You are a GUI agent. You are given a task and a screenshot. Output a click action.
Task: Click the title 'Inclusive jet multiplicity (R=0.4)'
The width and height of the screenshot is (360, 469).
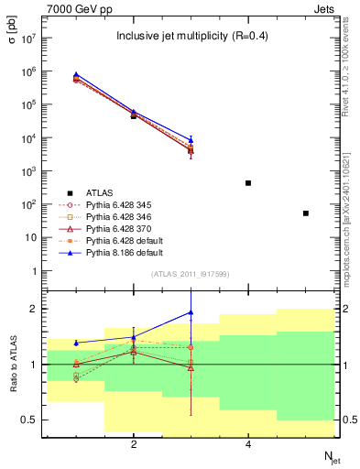click(x=190, y=37)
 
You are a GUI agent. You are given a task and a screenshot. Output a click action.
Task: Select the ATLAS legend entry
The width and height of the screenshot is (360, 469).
click(x=100, y=192)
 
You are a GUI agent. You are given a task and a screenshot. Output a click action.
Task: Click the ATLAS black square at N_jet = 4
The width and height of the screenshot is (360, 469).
click(x=248, y=183)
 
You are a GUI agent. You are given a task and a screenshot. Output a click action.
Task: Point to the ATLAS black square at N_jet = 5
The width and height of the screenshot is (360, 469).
click(x=306, y=213)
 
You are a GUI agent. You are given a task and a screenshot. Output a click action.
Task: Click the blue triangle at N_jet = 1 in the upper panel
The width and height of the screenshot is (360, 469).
click(x=76, y=74)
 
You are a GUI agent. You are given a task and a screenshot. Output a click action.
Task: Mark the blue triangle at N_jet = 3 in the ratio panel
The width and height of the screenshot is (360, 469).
click(x=191, y=312)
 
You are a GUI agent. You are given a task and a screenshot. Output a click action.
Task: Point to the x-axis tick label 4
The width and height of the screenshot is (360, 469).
click(x=248, y=444)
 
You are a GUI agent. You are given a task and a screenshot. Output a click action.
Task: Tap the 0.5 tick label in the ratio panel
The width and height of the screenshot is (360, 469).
click(x=29, y=420)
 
